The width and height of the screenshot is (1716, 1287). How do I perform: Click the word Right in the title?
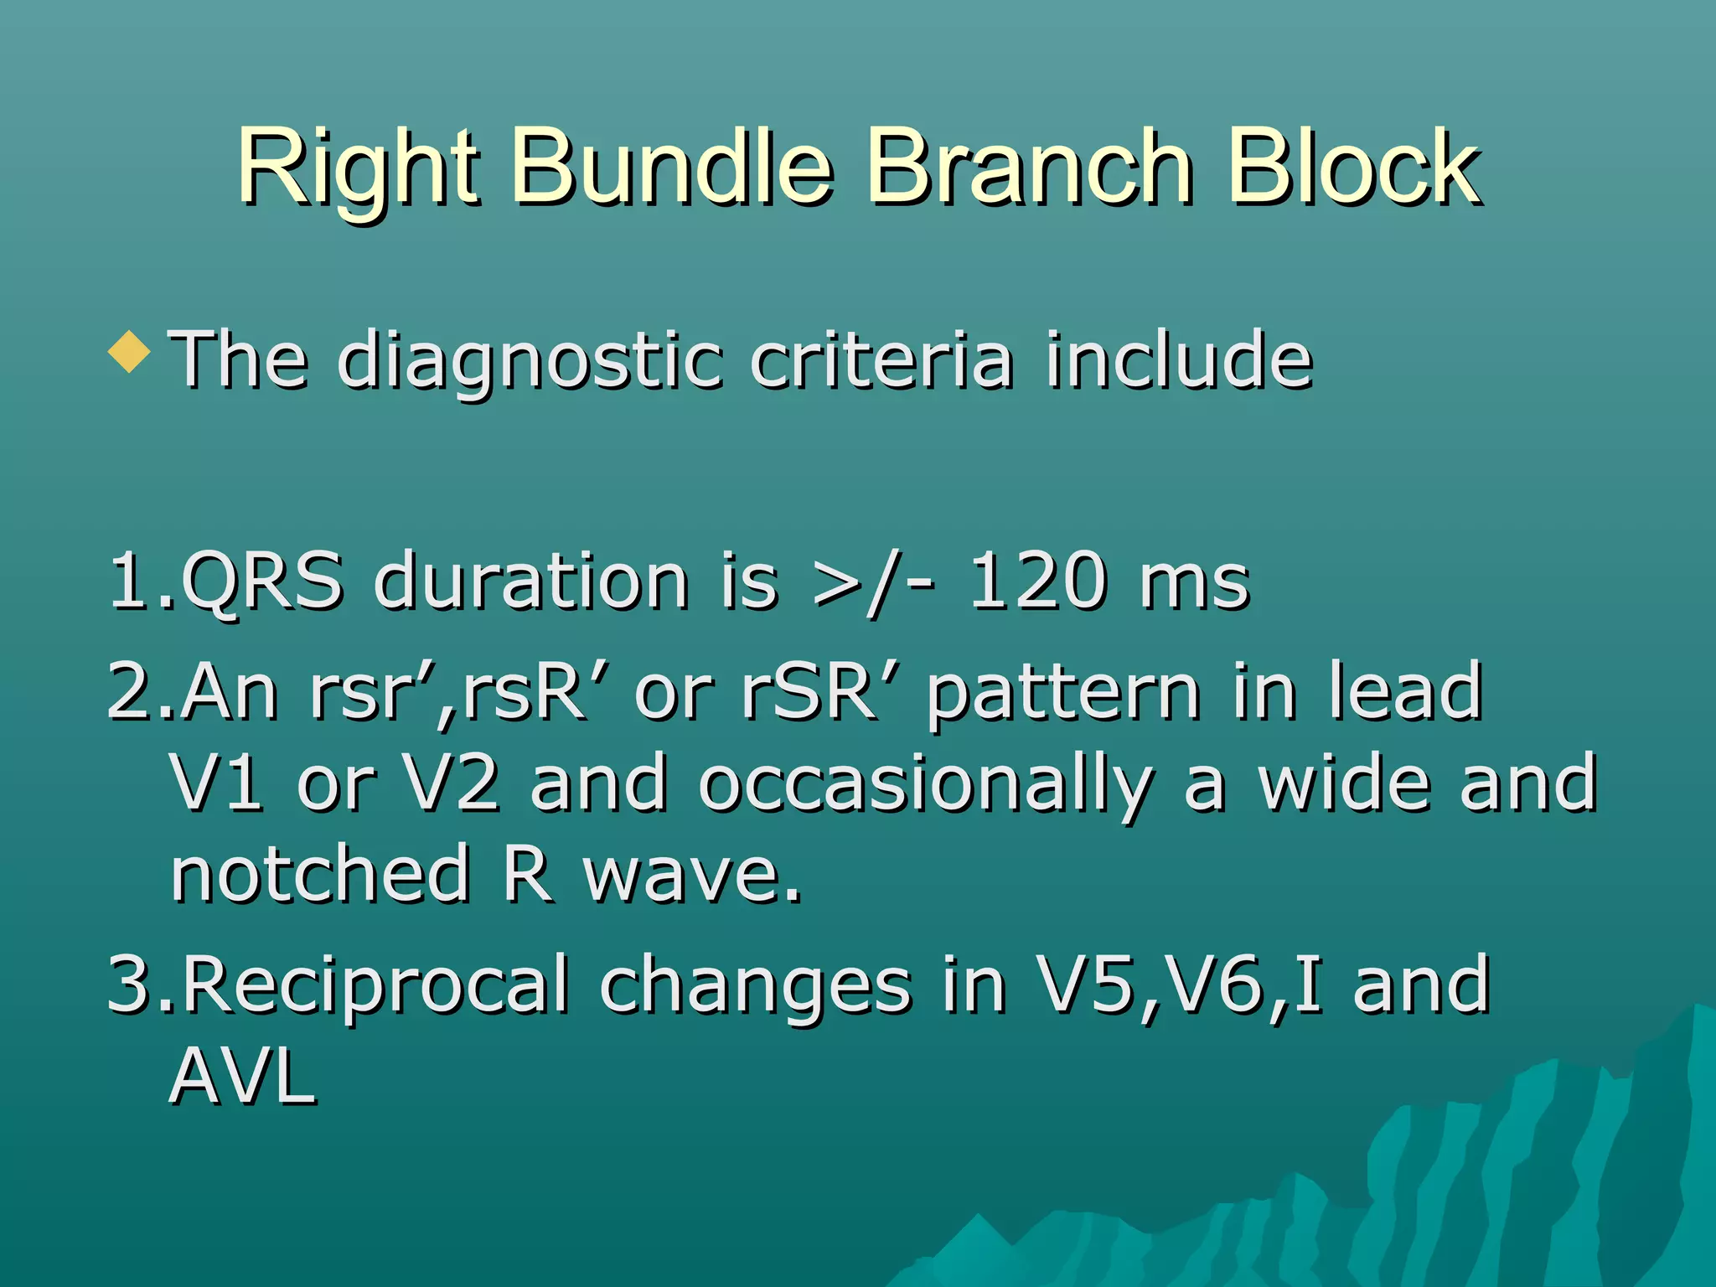tap(359, 168)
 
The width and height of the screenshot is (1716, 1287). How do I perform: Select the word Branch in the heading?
tap(1029, 168)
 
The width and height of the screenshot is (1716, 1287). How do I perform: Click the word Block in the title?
tap(1353, 168)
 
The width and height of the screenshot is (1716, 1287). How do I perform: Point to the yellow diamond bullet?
tap(130, 352)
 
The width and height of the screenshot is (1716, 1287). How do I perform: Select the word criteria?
tap(881, 360)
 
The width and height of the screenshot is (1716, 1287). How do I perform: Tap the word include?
tap(1178, 360)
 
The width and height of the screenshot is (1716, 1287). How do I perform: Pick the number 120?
tap(1037, 580)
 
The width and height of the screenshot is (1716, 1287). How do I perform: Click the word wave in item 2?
tap(692, 876)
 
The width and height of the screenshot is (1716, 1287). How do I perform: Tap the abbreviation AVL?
tap(243, 1078)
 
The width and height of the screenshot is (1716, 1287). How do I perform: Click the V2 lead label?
tap(452, 783)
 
